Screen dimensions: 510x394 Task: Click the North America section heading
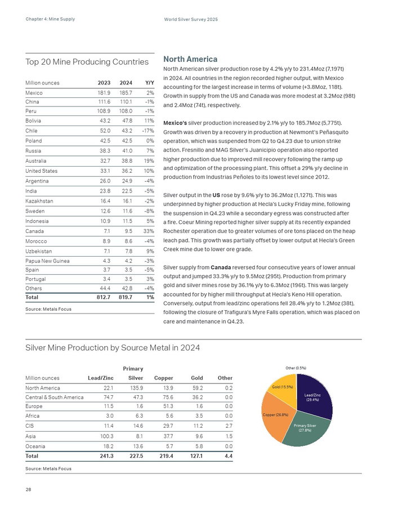click(190, 59)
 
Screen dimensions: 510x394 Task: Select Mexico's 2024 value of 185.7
click(125, 92)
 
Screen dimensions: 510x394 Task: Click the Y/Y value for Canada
click(149, 231)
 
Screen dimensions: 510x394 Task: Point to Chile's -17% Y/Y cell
click(147, 131)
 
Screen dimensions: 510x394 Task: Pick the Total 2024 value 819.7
click(123, 297)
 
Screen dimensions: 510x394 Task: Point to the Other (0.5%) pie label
click(295, 368)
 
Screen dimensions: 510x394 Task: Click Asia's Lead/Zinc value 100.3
click(106, 436)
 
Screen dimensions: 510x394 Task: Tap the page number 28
click(28, 489)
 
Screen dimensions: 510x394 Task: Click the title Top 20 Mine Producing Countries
click(87, 62)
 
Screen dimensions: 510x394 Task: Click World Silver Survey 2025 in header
click(191, 20)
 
